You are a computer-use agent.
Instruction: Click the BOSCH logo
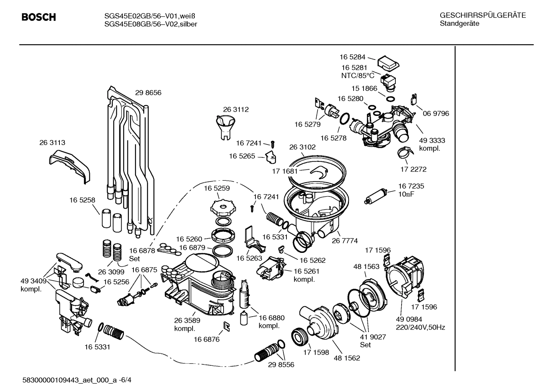38,17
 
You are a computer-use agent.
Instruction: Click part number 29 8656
148,92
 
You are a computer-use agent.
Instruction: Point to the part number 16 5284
352,57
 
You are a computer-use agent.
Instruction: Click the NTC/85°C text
357,76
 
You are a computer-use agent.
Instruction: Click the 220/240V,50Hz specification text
420,327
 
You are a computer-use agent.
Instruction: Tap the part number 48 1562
347,358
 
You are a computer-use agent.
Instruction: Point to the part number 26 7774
345,241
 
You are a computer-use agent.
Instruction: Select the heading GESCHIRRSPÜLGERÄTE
482,15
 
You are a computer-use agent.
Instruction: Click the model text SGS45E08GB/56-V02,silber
151,24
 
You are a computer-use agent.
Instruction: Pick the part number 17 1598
316,352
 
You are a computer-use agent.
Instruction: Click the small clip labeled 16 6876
227,326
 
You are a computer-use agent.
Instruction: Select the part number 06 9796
436,114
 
